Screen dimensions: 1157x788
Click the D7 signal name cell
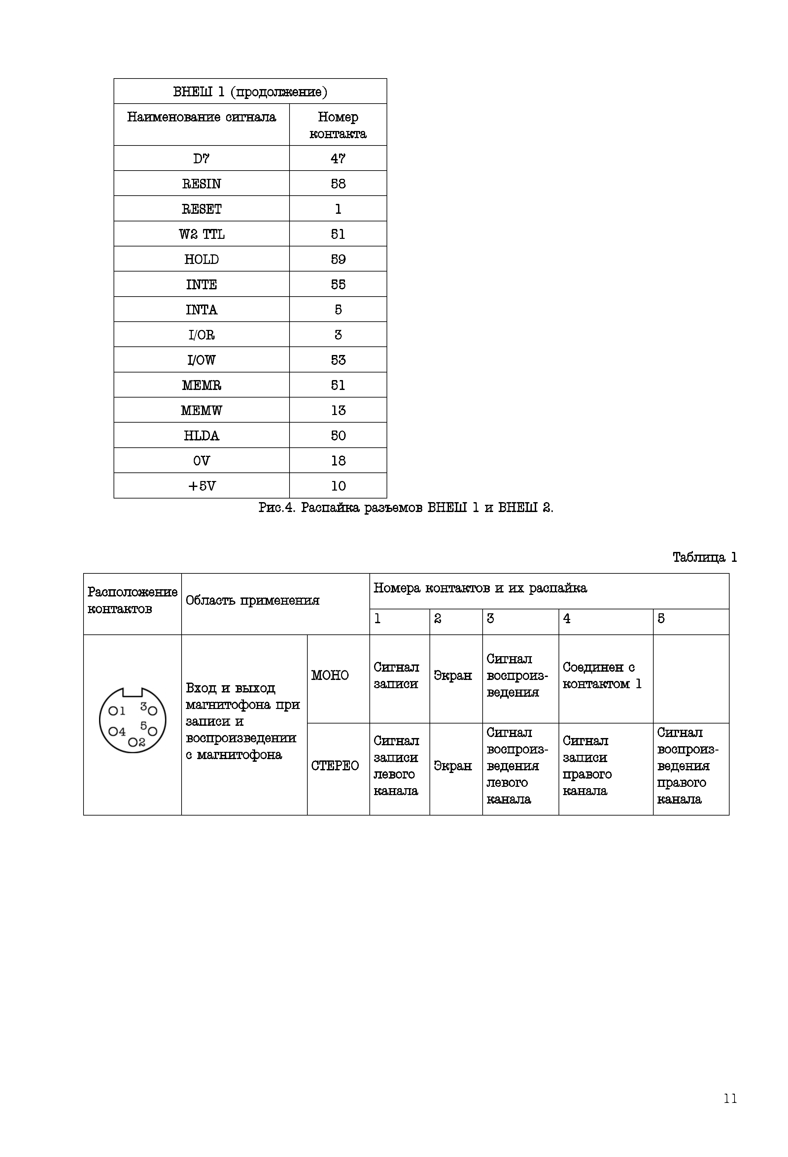[201, 158]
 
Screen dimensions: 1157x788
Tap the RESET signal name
[201, 209]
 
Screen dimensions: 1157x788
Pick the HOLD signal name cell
[201, 259]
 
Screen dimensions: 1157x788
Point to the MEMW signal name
[201, 410]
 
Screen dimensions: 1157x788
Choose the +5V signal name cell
[201, 486]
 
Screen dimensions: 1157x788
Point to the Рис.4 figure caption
[405, 508]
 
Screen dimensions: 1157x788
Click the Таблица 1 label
[704, 557]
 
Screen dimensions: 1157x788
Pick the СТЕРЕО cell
[335, 765]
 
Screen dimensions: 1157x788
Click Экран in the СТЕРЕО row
[452, 765]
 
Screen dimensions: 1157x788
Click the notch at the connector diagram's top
[132, 692]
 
